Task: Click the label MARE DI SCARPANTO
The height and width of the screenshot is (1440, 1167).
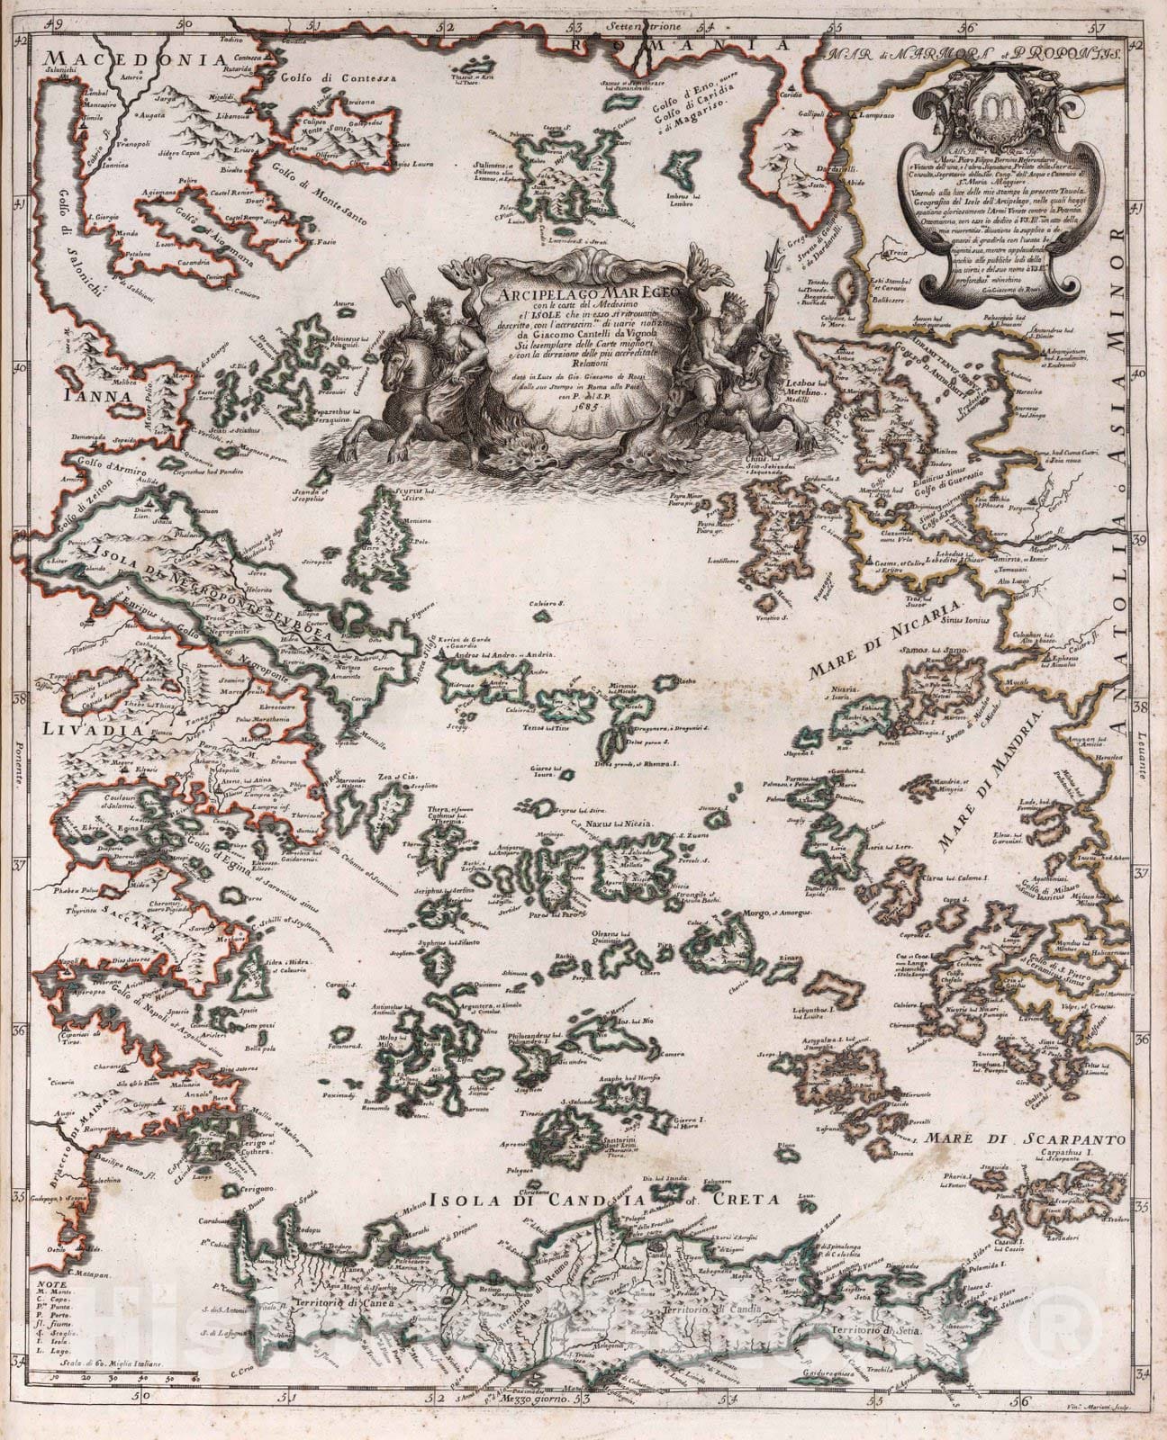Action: tap(1027, 1139)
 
